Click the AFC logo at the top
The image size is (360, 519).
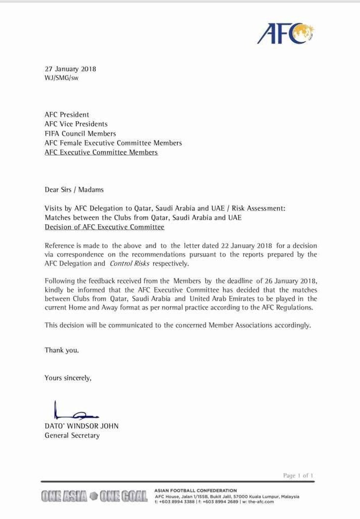click(x=285, y=33)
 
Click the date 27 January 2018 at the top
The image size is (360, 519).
click(x=70, y=69)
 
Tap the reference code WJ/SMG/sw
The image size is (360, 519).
click(x=62, y=78)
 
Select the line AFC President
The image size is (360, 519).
click(x=67, y=115)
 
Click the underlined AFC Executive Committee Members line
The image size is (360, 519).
click(x=101, y=152)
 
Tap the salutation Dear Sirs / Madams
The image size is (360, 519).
click(x=74, y=189)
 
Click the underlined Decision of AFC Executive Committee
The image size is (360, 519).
click(x=104, y=227)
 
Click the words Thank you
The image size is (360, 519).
click(x=62, y=350)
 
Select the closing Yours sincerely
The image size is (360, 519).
click(x=68, y=378)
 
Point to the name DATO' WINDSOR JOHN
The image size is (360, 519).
click(x=81, y=426)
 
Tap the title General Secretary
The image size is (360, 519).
click(x=72, y=435)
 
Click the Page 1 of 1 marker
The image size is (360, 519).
click(x=298, y=476)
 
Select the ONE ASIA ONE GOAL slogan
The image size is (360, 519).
click(x=95, y=496)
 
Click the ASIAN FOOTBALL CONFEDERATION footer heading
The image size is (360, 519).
click(x=196, y=490)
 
